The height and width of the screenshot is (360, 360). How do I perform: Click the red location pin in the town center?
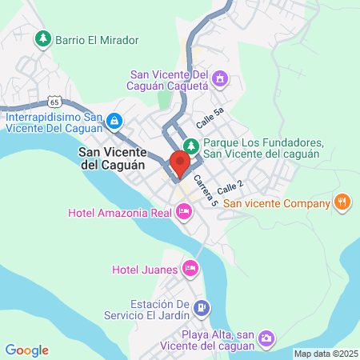pos(179,162)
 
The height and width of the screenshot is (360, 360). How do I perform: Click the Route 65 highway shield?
pos(54,102)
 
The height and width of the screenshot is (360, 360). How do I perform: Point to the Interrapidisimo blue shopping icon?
pos(114,121)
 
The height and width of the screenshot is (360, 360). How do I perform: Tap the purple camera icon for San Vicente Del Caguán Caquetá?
pos(222,78)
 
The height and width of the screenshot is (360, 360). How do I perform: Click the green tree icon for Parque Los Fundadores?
pos(190,146)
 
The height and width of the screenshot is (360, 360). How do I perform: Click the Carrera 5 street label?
pos(206,191)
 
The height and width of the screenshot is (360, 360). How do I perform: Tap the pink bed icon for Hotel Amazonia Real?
pos(184,211)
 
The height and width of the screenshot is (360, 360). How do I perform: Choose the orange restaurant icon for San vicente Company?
pos(342,202)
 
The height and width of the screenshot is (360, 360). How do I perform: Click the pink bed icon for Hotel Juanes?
pos(190,267)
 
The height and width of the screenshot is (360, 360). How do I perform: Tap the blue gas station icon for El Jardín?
pos(202,306)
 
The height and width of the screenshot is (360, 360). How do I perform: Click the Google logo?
pos(26,350)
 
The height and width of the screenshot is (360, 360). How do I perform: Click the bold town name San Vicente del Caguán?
pos(112,157)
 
